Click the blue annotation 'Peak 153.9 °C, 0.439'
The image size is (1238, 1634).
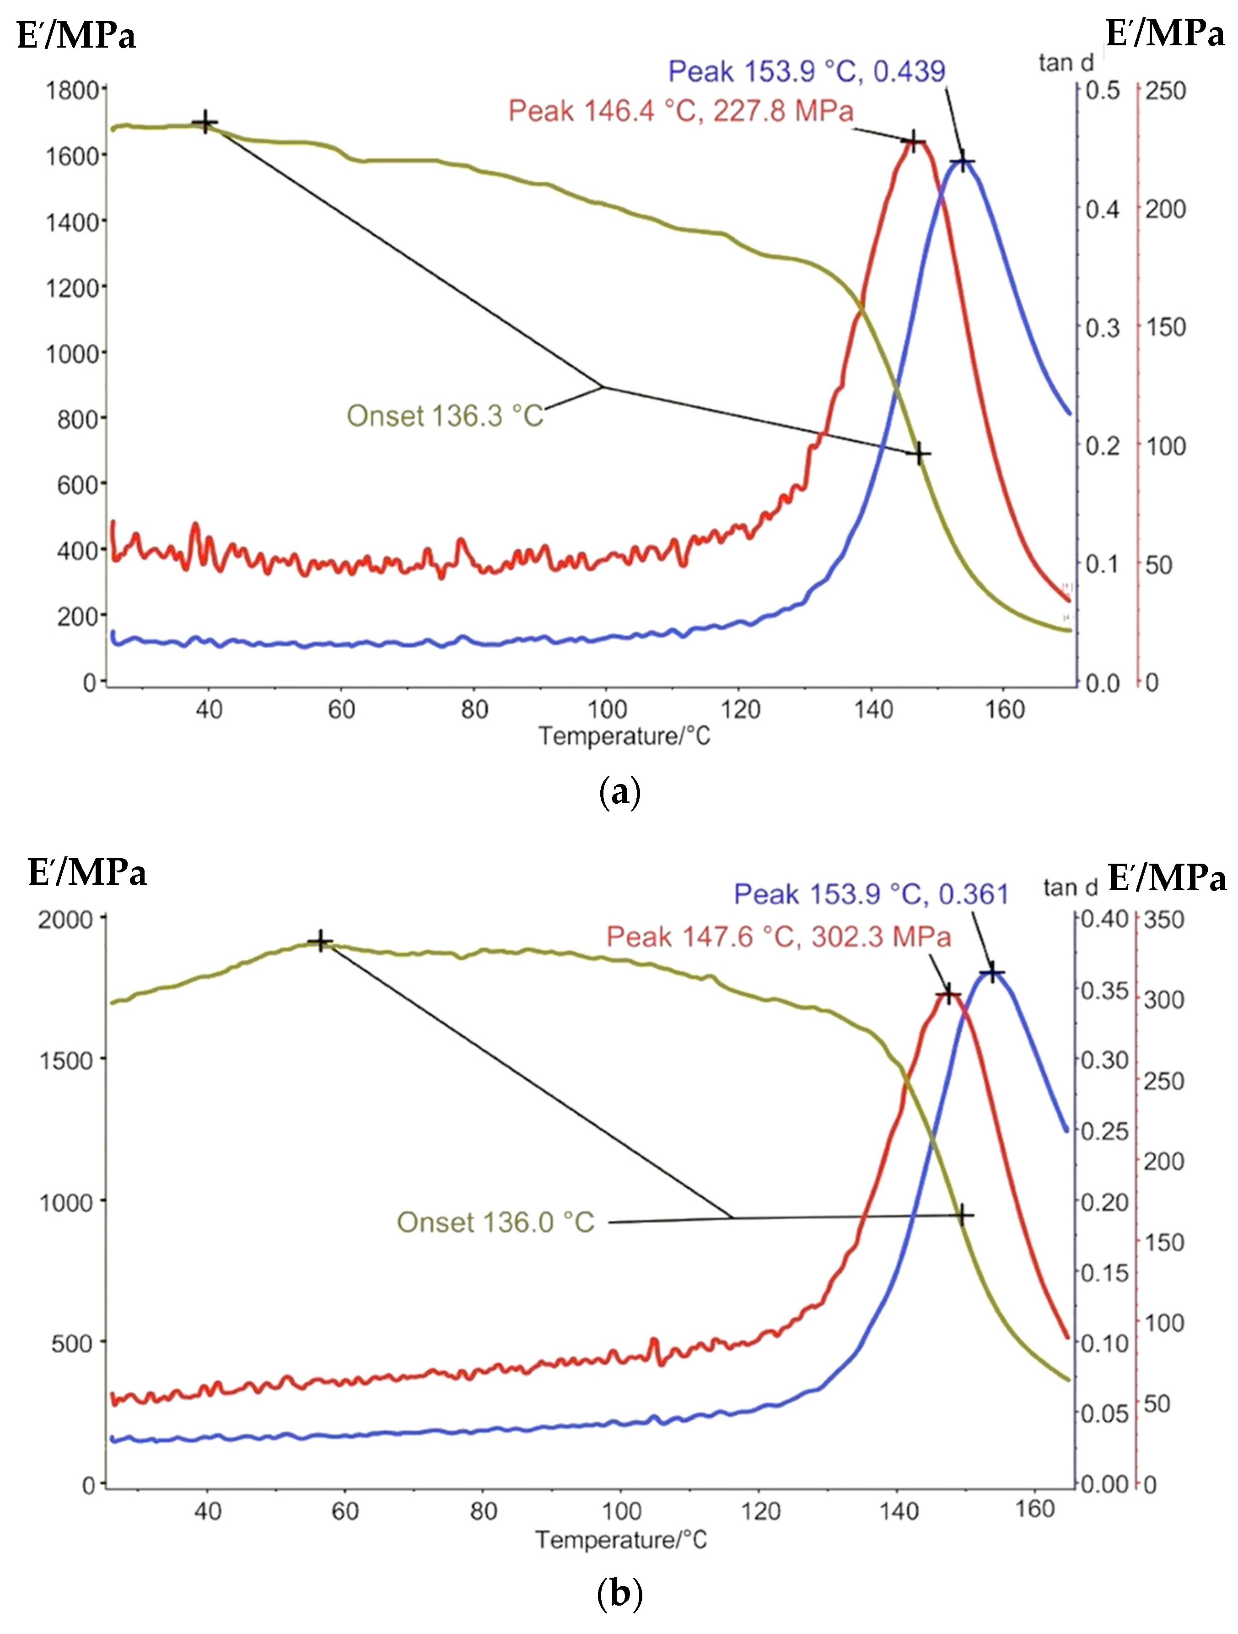[x=806, y=72]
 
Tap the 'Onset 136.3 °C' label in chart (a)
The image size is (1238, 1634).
[x=445, y=416]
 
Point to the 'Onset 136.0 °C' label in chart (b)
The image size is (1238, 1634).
[x=495, y=1223]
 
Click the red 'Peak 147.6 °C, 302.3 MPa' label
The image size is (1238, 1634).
[x=778, y=936]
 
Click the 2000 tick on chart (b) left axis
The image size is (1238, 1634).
[x=66, y=920]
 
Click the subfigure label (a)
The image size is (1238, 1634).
[x=619, y=793]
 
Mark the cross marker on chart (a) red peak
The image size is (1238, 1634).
[x=913, y=142]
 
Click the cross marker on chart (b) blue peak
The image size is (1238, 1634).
[x=992, y=972]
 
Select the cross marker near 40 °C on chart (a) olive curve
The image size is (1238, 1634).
[x=205, y=123]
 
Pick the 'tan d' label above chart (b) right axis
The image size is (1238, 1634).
[x=1071, y=887]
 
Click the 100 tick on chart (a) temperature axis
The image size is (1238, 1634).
[x=607, y=710]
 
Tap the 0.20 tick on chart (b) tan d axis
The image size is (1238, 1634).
[x=1104, y=1202]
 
